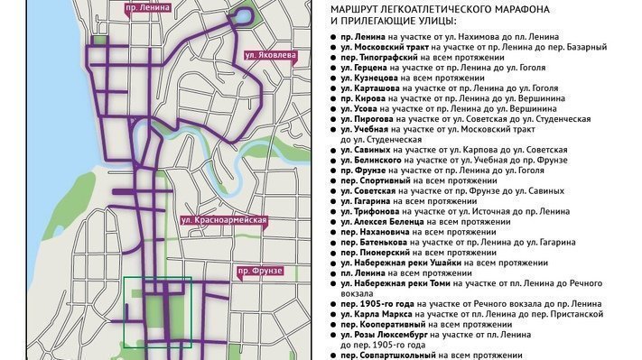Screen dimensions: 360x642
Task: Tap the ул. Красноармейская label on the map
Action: (x=224, y=220)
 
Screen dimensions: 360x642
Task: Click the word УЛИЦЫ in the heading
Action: (x=429, y=20)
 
